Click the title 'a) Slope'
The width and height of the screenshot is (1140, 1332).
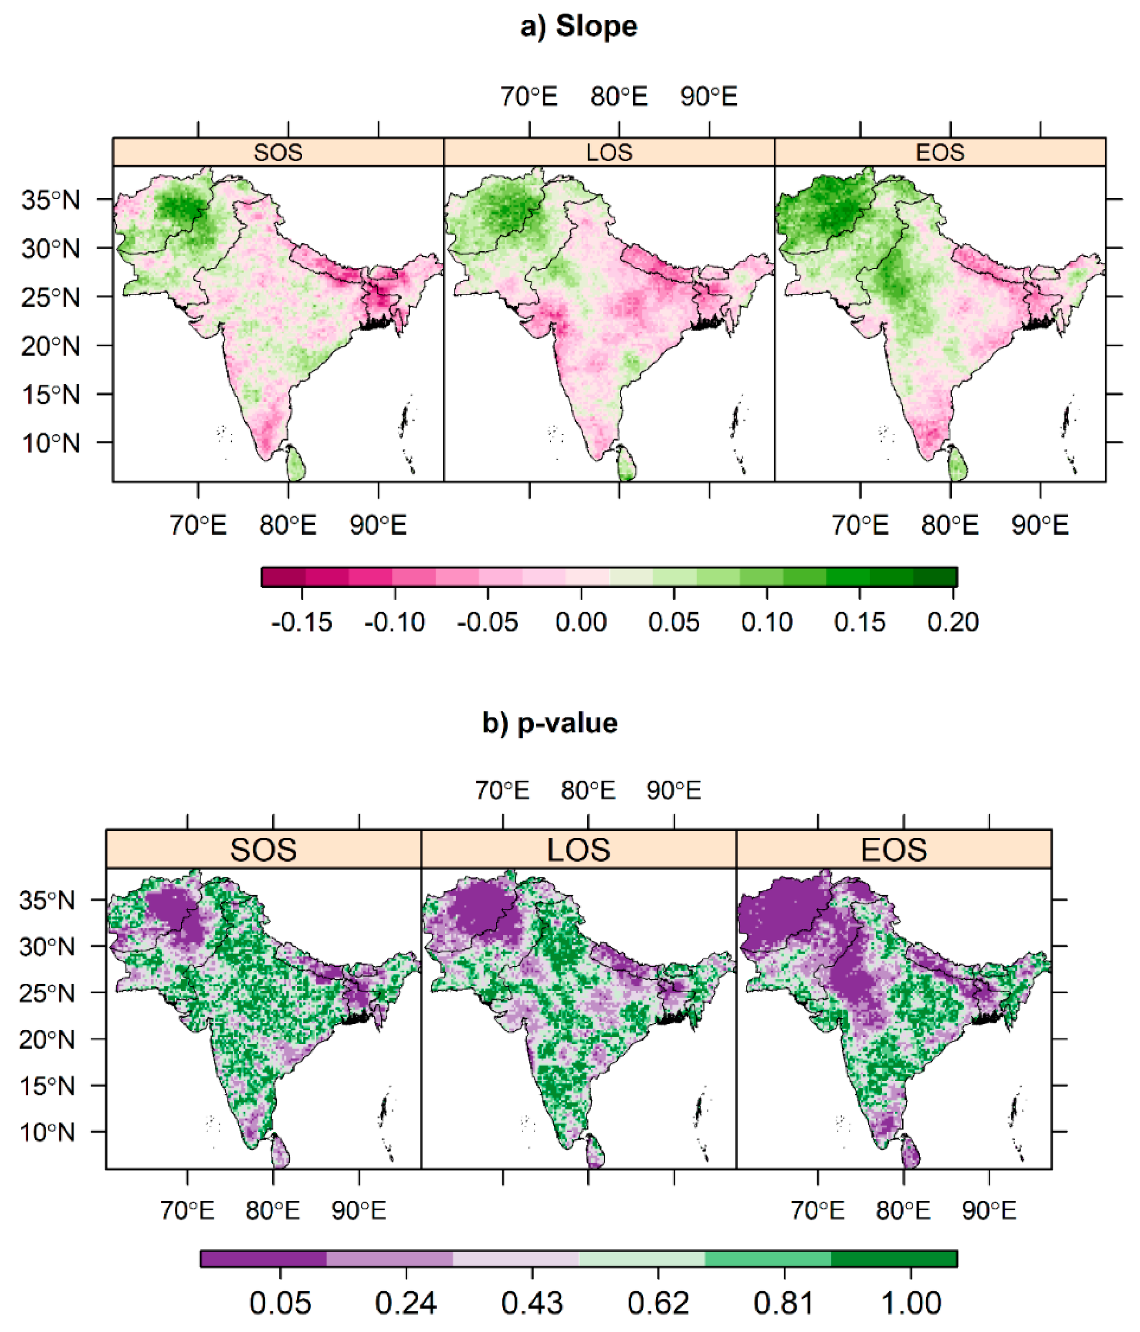578,27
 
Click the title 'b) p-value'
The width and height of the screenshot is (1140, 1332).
550,723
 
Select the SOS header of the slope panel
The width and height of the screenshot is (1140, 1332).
278,152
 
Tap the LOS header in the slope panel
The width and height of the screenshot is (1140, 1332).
609,152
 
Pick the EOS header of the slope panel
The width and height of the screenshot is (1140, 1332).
940,152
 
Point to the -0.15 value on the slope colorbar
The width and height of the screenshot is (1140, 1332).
301,622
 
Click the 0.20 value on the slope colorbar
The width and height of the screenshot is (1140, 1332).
952,622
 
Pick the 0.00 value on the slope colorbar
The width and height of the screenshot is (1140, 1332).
581,622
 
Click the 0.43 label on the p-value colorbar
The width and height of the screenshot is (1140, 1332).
532,1304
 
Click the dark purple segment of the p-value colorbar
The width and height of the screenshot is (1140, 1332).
263,1258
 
